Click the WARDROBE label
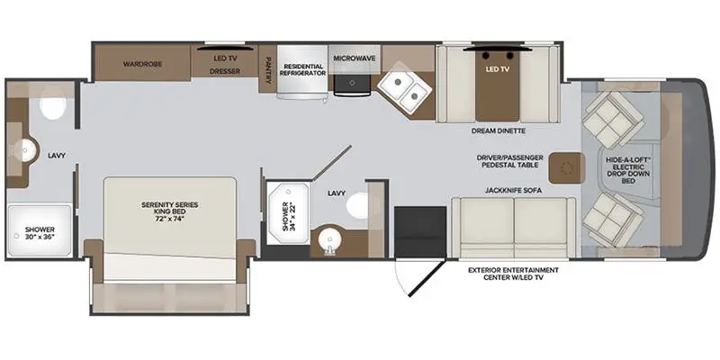pos(141,65)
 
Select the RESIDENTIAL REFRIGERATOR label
pos(303,70)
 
